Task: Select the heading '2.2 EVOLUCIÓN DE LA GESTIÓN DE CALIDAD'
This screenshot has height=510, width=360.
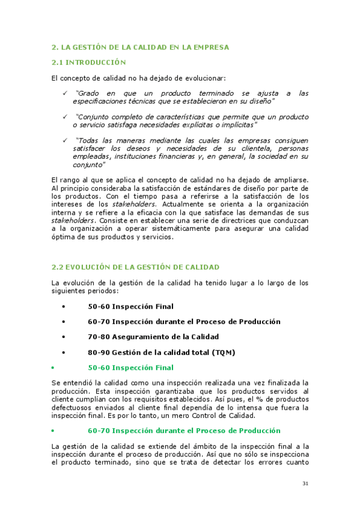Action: tap(135, 266)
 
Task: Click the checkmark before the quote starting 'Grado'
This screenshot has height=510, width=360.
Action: tap(64, 93)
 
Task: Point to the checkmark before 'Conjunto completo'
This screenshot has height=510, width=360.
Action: tap(64, 117)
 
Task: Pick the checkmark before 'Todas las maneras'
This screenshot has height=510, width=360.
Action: tap(64, 140)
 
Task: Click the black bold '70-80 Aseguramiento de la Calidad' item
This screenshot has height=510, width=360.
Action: tap(153, 337)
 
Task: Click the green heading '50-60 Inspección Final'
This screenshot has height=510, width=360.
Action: tap(130, 367)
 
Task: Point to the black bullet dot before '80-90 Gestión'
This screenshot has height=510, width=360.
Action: tap(63, 352)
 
